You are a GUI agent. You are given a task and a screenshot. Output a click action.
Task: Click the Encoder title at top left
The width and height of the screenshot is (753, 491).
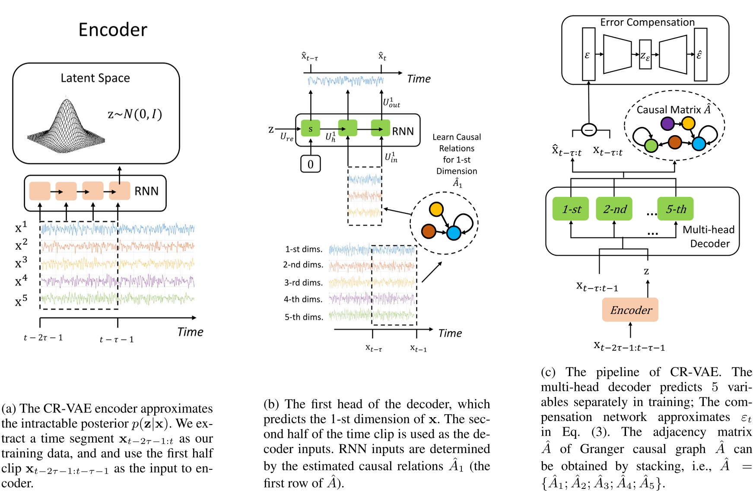[x=113, y=30]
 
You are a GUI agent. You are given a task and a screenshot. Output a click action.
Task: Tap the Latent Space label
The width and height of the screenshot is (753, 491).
[x=95, y=78]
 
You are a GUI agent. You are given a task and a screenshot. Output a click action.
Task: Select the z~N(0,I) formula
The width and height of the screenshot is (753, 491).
[x=135, y=114]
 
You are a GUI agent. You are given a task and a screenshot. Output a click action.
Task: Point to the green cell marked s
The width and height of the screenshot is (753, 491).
[x=310, y=128]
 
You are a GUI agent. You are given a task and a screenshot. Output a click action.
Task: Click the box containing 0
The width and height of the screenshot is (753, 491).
[x=310, y=164]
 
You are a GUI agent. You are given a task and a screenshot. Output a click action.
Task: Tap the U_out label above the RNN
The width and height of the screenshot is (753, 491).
[x=391, y=103]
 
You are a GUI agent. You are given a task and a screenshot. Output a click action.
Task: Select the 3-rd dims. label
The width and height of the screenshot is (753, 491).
[x=303, y=282]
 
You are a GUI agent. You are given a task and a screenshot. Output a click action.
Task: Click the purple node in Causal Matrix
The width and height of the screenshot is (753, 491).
[x=667, y=124]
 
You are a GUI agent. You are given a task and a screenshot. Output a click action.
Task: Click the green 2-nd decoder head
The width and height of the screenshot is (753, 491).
[x=614, y=209]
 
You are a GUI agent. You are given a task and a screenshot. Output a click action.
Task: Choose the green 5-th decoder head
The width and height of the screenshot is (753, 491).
[x=675, y=209]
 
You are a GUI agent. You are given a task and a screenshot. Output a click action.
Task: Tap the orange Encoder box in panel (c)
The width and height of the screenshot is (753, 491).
[x=630, y=310]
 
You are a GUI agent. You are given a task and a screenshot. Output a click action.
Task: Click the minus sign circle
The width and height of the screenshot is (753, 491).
[x=589, y=130]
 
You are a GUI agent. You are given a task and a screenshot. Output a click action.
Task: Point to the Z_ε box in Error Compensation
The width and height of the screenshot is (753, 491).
[x=645, y=55]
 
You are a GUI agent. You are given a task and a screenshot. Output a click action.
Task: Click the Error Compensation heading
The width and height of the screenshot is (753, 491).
[x=647, y=22]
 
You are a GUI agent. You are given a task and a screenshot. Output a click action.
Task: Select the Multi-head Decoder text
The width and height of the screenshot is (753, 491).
[x=709, y=237]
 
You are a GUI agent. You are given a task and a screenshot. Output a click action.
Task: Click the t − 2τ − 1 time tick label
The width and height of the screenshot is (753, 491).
[x=43, y=338]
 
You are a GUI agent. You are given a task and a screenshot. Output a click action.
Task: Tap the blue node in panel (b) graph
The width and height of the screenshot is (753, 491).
[x=454, y=233]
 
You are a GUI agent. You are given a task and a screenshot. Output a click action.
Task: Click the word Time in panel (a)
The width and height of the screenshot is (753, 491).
[x=190, y=332]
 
